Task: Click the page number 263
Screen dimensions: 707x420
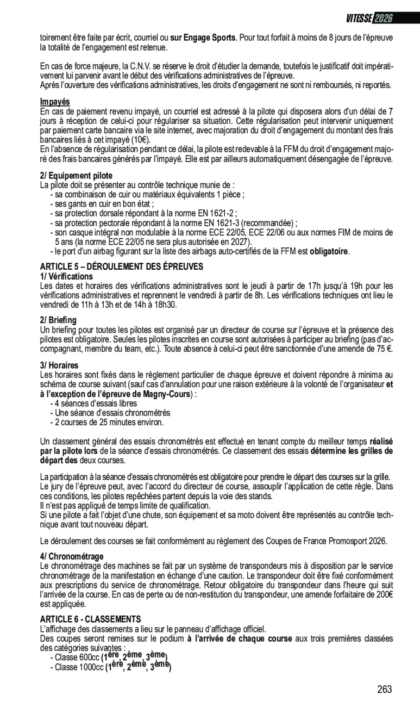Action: click(x=384, y=689)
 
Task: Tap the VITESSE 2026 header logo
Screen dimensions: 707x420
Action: click(x=369, y=18)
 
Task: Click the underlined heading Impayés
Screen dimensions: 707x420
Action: click(x=55, y=102)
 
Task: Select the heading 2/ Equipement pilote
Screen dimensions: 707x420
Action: click(x=76, y=176)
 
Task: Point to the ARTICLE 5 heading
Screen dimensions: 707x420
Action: click(x=122, y=266)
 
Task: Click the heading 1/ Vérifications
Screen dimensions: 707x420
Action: click(x=66, y=276)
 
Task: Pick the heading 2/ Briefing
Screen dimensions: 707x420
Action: click(x=58, y=320)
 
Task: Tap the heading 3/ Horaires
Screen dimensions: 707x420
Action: click(x=59, y=365)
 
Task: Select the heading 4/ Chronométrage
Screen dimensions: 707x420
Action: click(x=72, y=556)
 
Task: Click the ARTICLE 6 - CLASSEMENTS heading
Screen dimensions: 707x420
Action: click(x=90, y=619)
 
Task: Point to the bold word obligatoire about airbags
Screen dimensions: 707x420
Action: click(x=329, y=251)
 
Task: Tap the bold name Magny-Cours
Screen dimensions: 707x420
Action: click(x=166, y=394)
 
